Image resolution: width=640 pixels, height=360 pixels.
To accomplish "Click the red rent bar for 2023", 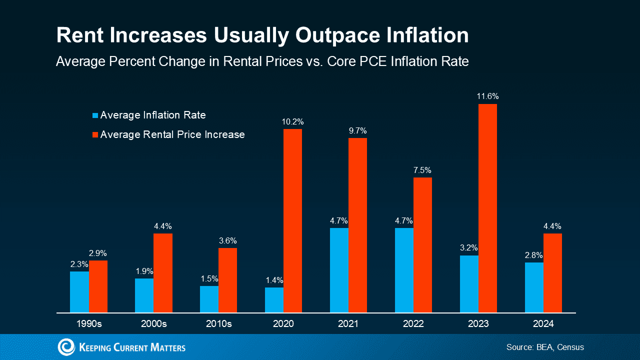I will click(x=487, y=208).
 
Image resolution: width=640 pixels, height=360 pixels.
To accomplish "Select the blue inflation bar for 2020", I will click(x=274, y=300).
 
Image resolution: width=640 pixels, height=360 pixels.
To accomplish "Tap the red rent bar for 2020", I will click(x=292, y=220).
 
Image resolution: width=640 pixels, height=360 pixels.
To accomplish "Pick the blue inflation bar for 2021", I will click(x=339, y=270).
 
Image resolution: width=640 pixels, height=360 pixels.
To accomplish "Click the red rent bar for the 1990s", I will click(x=98, y=286).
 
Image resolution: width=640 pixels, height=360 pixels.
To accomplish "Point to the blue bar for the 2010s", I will click(x=209, y=299).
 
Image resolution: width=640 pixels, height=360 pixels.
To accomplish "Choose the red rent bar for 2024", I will click(x=552, y=273).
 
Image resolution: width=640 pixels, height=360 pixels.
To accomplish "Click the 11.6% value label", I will click(x=487, y=96).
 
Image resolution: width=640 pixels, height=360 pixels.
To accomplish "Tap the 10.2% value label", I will click(x=292, y=122).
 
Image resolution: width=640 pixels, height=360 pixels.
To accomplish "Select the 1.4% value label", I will click(x=274, y=280).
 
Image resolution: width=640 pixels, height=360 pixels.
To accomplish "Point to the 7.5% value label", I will click(x=422, y=170).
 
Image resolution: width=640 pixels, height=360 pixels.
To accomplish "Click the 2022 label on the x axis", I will click(x=413, y=324).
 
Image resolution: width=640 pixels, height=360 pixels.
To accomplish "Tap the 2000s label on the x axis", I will click(x=154, y=324).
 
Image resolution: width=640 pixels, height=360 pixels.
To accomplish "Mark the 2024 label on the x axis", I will click(x=543, y=324).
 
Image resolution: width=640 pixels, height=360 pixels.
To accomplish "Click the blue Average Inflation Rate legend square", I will click(x=95, y=115).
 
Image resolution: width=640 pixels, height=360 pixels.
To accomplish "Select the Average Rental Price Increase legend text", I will click(x=172, y=134).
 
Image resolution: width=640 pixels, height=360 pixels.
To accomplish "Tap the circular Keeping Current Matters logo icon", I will click(x=66, y=347).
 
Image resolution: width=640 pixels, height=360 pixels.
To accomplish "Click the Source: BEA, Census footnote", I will click(x=545, y=347).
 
